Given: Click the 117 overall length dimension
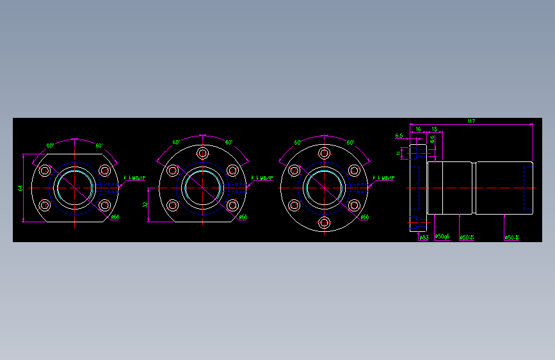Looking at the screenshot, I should [x=471, y=121].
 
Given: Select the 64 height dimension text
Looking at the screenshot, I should [x=20, y=188].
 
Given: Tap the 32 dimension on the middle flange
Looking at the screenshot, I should [x=145, y=205].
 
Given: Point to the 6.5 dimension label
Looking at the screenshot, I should [x=399, y=136].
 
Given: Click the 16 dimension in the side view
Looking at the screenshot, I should [x=418, y=129].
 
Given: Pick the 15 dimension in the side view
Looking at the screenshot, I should [x=434, y=129].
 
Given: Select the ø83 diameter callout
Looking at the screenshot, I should [x=424, y=237].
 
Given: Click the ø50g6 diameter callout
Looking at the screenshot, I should [x=442, y=237].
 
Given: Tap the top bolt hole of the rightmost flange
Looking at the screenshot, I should [x=325, y=154].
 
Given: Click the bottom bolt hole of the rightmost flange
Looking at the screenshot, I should [x=325, y=222].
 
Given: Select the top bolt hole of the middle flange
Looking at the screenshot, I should [x=203, y=154].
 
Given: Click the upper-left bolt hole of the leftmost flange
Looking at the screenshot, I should [x=45, y=171].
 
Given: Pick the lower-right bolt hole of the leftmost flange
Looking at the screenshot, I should [x=104, y=206].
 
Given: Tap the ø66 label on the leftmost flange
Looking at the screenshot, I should [x=115, y=217].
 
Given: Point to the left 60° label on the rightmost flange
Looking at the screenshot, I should [x=298, y=143].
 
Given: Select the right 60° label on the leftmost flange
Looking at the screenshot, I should [x=100, y=146].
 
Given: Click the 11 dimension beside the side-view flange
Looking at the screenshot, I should [x=399, y=154].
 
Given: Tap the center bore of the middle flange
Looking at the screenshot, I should [x=203, y=188].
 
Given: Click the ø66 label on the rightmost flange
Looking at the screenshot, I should [x=364, y=217].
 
